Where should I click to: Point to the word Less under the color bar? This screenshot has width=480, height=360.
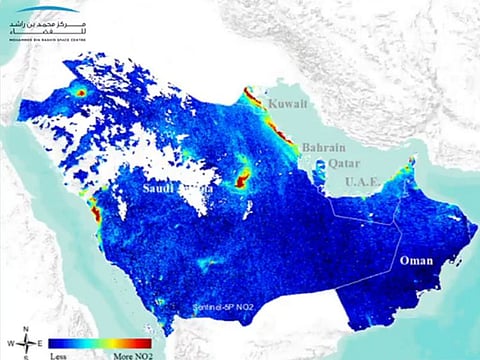(x=61, y=354)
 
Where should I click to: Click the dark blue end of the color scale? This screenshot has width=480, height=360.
(x=54, y=342)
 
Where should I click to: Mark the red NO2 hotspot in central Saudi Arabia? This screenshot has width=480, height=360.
(x=242, y=178)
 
